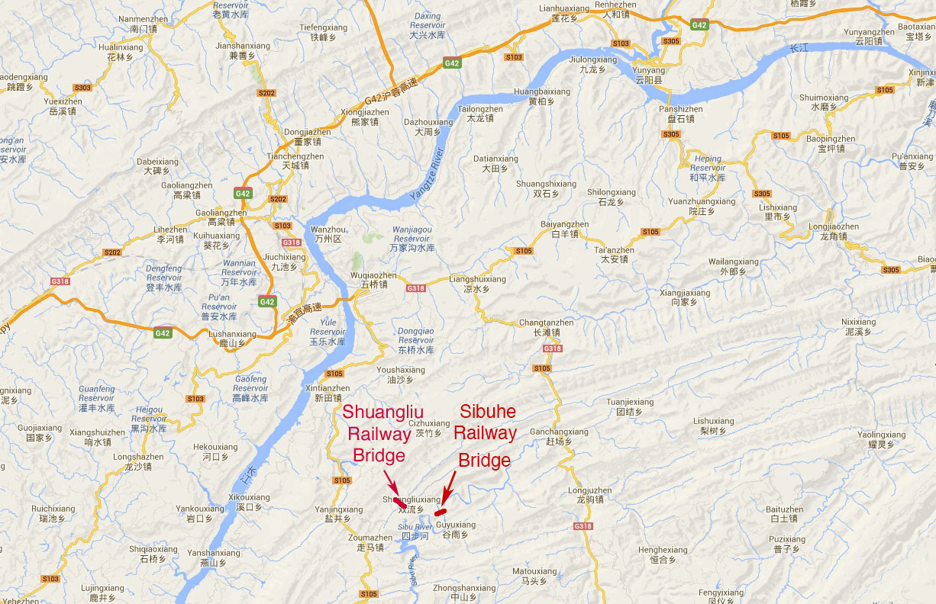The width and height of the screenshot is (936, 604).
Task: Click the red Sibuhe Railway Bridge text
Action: coord(485,435)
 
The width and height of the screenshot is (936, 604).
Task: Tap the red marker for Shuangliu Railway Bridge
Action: coord(399,503)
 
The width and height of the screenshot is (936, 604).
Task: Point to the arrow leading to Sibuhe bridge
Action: coord(450,486)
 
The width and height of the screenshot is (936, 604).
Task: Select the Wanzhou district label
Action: coord(329,234)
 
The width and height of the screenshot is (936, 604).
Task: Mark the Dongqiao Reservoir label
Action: coord(416,340)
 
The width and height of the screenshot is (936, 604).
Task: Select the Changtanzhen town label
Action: coord(546,327)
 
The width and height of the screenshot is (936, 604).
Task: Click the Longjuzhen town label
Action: coord(589,495)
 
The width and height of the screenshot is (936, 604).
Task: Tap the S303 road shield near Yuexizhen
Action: coord(82,88)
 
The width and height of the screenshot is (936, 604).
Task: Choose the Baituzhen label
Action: coord(784,514)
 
